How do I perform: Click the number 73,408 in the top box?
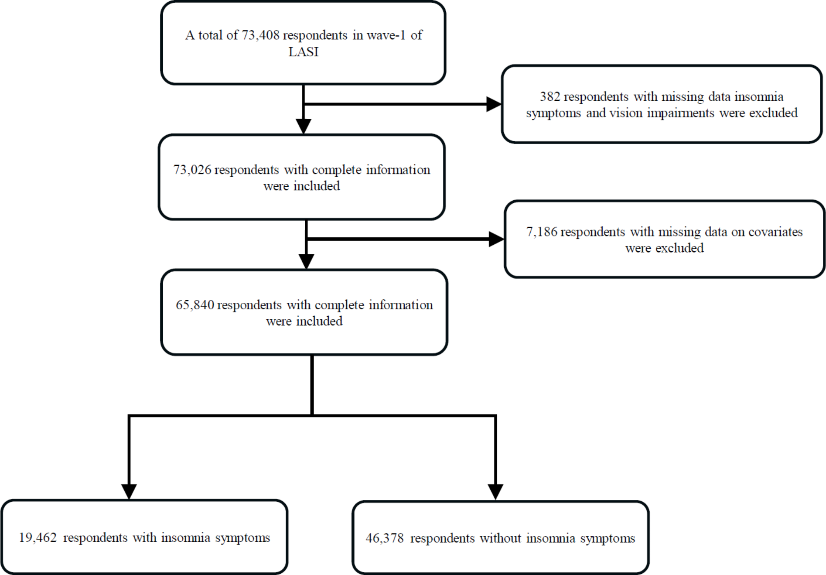(x=260, y=35)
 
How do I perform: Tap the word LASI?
(x=303, y=52)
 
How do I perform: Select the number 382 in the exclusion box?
(x=550, y=97)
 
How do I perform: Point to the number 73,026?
(x=192, y=170)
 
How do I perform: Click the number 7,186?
(x=542, y=232)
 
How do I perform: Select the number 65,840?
(x=195, y=305)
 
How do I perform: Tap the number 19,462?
(x=37, y=538)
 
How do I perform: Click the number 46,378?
(x=384, y=538)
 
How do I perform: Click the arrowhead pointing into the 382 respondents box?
(x=494, y=104)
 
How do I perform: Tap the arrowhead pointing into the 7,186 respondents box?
(x=496, y=239)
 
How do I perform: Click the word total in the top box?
(x=210, y=35)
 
